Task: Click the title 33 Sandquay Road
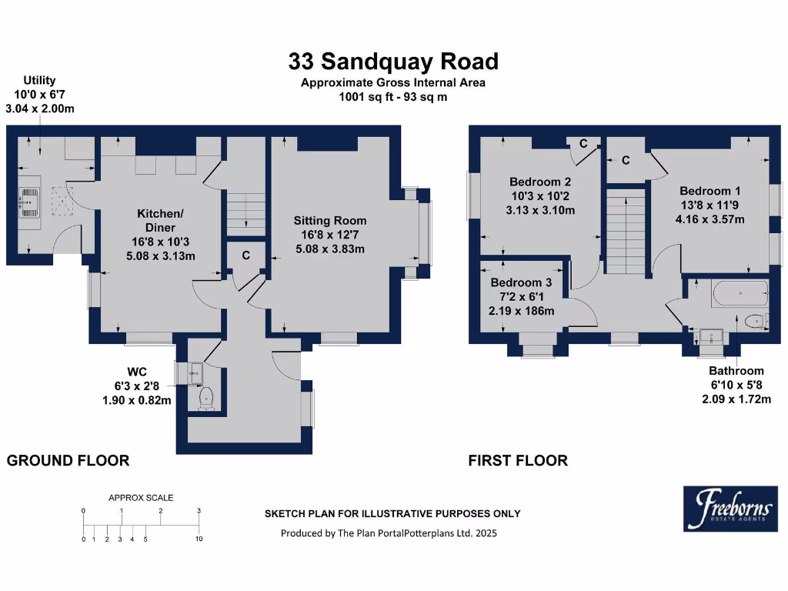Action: pos(393,61)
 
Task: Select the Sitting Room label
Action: pos(330,221)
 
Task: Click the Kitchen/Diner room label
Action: pos(160,220)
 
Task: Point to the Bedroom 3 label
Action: pos(521,282)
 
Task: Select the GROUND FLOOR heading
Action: pos(68,461)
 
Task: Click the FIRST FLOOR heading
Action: pos(518,461)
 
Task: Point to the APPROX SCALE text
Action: pos(141,498)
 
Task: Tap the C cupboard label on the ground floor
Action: pos(245,255)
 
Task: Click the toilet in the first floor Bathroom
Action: pos(753,320)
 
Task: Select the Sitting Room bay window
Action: pos(426,233)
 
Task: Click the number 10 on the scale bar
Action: pos(199,539)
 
